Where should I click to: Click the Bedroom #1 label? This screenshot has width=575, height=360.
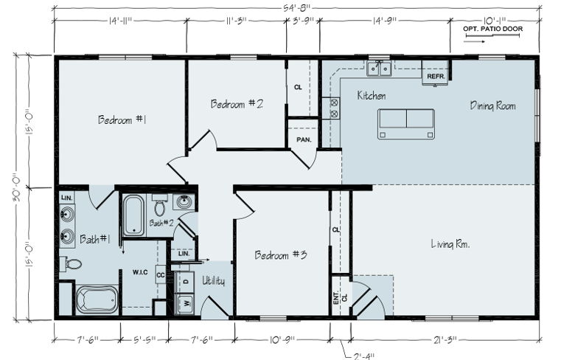coord(122,120)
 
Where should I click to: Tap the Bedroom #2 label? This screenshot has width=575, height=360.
coord(237,104)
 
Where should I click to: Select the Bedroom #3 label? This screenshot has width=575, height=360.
coord(281,255)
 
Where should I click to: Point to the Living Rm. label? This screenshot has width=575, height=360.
coord(450,243)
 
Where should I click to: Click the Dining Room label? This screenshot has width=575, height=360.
coord(493,106)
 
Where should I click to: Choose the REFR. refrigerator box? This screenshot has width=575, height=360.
coord(435,72)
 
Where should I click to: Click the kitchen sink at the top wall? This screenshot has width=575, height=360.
coord(379,69)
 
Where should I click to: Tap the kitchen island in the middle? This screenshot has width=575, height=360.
coord(406,124)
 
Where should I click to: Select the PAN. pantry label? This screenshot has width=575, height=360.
coord(304,140)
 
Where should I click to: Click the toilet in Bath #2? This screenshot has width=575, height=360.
coord(159,205)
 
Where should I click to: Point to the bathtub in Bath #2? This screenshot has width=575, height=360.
coord(133,215)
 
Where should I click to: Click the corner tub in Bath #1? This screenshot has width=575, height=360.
coord(97,300)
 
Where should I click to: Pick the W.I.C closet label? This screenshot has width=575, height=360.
coord(140,272)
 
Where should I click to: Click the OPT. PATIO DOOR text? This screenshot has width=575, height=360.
coord(492,29)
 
